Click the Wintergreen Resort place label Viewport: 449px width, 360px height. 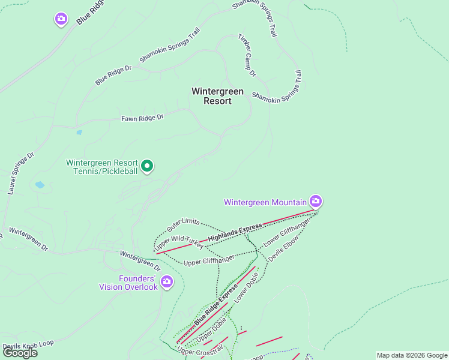217,96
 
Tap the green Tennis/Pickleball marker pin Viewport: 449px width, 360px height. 147,166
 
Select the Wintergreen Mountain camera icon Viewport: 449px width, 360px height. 315,201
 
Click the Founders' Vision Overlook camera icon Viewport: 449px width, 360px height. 167,281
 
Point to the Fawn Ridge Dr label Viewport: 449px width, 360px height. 142,118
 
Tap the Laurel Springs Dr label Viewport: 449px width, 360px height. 21,173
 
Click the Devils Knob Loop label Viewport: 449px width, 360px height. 28,344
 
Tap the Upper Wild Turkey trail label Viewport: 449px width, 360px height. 179,243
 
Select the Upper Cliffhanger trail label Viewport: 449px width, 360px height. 208,260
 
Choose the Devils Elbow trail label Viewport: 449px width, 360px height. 283,247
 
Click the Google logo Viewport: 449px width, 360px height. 20,353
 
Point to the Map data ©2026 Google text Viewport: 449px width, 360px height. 412,355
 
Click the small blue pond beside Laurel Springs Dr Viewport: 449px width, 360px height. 40,185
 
